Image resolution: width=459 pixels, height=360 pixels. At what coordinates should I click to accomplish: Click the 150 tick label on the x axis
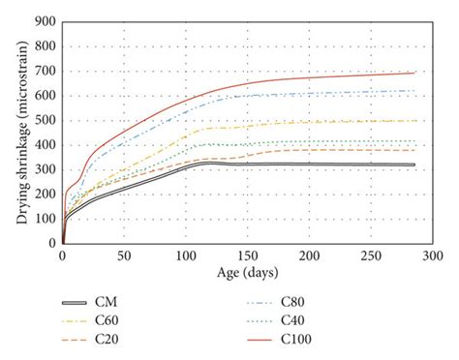pos(247,256)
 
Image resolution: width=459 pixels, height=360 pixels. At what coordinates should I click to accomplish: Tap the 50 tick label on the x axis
pos(124,256)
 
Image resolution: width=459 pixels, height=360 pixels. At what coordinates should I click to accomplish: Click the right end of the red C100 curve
pos(414,73)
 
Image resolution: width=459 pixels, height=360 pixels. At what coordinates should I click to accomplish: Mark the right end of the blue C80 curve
pos(414,91)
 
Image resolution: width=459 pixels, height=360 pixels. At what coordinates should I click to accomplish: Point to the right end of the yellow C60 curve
pos(414,121)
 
